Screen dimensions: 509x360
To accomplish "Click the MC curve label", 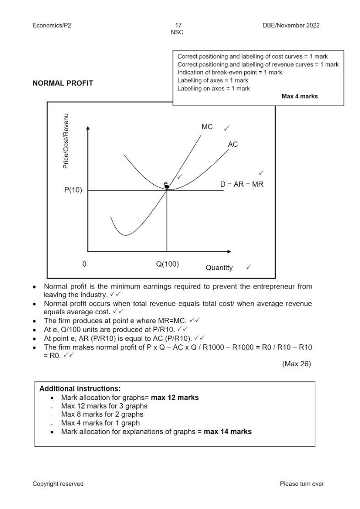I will point(207,127).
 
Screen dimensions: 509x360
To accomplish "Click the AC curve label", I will point(233,144).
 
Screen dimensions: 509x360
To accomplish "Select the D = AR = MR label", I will point(242,184).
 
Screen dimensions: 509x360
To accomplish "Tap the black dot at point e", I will point(167,187).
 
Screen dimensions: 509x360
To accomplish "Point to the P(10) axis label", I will point(73,190).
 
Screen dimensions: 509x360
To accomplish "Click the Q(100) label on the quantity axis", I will point(167,264).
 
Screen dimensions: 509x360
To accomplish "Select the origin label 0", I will point(84,264).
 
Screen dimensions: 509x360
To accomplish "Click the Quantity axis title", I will point(219,268).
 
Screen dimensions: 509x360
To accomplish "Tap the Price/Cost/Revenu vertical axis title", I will point(66,141).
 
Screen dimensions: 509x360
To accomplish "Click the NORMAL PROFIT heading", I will point(63,83).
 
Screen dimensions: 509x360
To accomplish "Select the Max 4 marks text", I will point(300,96).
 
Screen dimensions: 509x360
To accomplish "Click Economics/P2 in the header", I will point(52,26).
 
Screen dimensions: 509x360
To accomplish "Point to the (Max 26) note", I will point(297,364).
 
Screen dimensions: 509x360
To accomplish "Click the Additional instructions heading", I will point(80,389).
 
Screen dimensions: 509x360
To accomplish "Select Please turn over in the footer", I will point(301,484).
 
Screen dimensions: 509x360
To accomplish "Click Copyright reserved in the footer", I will point(58,484).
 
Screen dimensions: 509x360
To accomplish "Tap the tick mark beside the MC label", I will point(226,128).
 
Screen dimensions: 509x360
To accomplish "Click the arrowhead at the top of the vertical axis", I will point(88,129).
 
